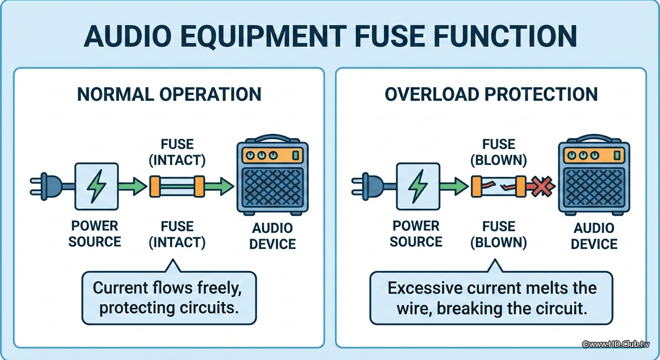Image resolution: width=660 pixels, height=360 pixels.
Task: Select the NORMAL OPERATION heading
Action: pyautogui.click(x=169, y=94)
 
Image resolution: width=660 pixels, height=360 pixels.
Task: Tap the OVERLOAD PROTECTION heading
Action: pyautogui.click(x=491, y=94)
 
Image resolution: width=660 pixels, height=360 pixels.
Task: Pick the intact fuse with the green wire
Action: pyautogui.click(x=177, y=186)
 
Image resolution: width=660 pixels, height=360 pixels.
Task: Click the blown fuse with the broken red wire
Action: pyautogui.click(x=498, y=187)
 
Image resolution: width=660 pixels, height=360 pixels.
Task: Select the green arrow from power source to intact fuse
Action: pyautogui.click(x=133, y=186)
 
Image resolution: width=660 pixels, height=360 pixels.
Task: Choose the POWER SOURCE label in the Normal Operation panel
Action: pyautogui.click(x=95, y=234)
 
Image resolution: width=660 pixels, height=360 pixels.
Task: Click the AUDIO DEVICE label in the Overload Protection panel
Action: pyautogui.click(x=594, y=236)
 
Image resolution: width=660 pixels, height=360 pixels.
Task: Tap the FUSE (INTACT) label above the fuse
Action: pyautogui.click(x=177, y=152)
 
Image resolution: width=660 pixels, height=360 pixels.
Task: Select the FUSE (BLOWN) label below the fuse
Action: pyautogui.click(x=499, y=234)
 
